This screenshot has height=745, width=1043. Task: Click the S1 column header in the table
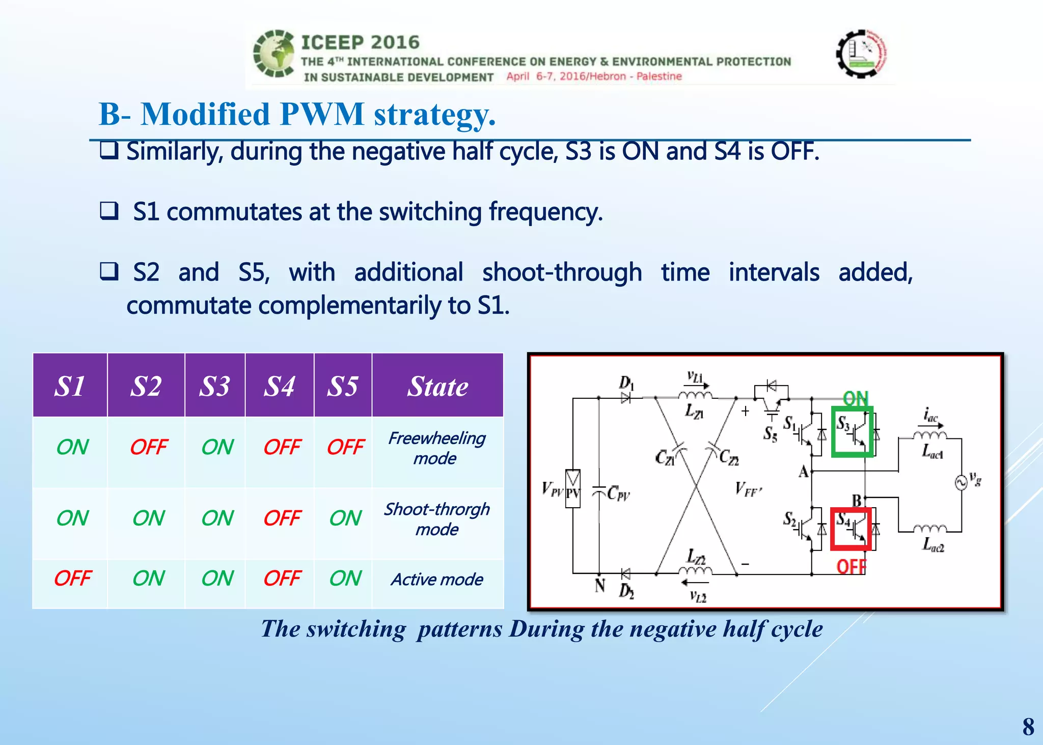(x=70, y=386)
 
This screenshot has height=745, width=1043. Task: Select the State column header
(x=437, y=386)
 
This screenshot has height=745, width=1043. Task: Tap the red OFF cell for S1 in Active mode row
(x=72, y=578)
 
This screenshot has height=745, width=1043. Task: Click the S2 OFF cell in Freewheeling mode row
(x=148, y=447)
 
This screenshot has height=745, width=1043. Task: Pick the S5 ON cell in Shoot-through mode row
(x=345, y=518)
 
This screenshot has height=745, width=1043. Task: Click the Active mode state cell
(x=437, y=580)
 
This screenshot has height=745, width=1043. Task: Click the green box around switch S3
(x=853, y=432)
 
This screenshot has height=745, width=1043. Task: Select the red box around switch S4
(x=851, y=530)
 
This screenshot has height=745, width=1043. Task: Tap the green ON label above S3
(x=855, y=399)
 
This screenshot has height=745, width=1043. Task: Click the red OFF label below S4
(x=851, y=566)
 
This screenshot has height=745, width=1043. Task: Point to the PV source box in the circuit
(x=573, y=489)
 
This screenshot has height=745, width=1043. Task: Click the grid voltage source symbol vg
(x=961, y=482)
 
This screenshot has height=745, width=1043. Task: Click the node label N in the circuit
(x=600, y=586)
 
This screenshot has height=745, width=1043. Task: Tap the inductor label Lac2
(x=933, y=546)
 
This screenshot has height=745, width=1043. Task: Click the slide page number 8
(x=1028, y=727)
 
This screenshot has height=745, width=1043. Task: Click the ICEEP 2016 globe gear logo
(x=274, y=54)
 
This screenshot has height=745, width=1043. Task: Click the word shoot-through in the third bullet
(x=562, y=272)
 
